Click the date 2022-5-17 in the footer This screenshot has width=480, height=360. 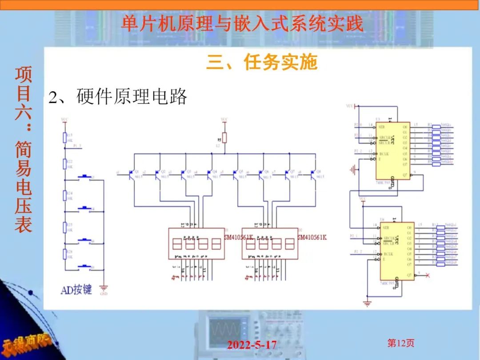(x=252, y=345)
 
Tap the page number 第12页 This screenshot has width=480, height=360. (x=401, y=343)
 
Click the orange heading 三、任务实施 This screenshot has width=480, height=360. (x=261, y=62)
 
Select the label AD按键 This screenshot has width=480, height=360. (x=76, y=290)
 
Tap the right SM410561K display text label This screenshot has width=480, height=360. (x=312, y=237)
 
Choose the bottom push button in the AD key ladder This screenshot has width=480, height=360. (x=84, y=267)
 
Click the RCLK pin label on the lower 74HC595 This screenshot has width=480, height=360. (x=388, y=254)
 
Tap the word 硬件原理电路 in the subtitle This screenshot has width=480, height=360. (x=132, y=97)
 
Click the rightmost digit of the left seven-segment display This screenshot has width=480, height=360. (x=216, y=244)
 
